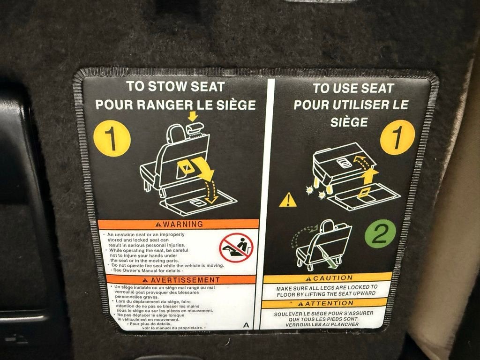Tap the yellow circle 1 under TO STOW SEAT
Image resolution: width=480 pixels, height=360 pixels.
tap(112, 138)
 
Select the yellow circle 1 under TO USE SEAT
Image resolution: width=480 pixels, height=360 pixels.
tap(397, 137)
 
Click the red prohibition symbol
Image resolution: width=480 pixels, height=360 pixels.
tap(236, 247)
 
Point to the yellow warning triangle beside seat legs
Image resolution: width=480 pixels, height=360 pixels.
tap(287, 200)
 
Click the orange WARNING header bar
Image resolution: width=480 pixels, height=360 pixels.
tap(178, 224)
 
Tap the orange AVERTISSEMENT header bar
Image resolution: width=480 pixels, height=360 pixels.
tap(180, 280)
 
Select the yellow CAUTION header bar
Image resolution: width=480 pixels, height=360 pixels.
tap(328, 278)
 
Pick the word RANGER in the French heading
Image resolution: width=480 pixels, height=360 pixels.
tap(165, 105)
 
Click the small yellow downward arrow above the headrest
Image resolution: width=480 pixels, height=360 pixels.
tap(192, 116)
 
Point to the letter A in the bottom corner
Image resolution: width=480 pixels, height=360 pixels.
tap(246, 325)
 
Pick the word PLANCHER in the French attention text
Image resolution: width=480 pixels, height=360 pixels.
tap(344, 324)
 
